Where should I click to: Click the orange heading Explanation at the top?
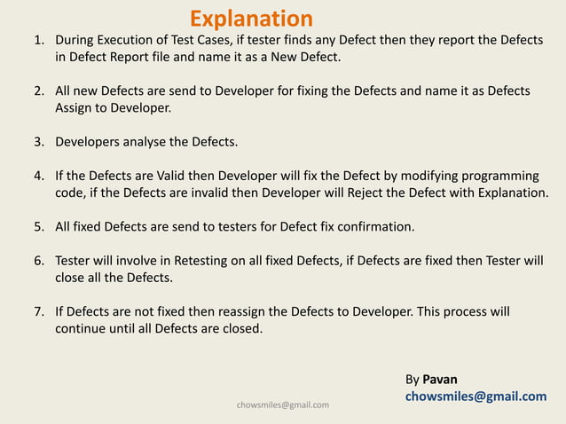251,19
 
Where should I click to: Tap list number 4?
38,176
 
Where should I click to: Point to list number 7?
38,312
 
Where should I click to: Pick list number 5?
38,226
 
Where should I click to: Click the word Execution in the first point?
135,41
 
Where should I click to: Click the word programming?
500,176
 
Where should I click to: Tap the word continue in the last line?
82,329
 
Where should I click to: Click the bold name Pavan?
440,380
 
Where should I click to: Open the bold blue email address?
476,397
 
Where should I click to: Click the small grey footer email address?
283,405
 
